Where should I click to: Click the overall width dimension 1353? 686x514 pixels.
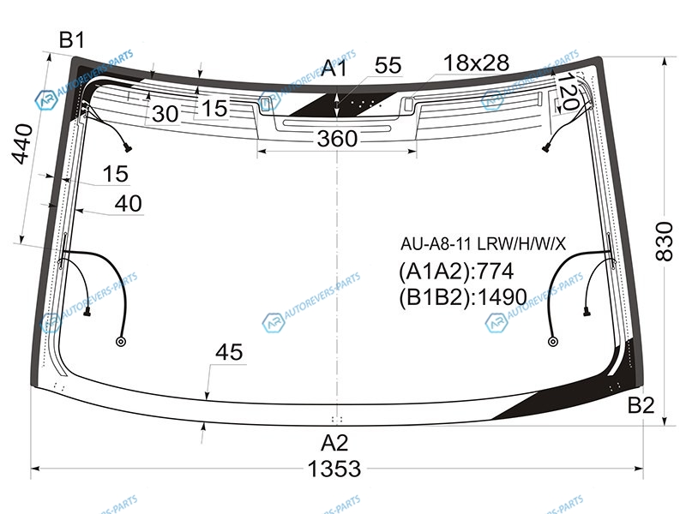click(x=334, y=469)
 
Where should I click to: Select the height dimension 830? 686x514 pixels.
click(x=664, y=242)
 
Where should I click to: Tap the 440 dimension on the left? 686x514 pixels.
click(x=22, y=144)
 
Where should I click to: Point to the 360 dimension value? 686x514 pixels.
click(x=337, y=139)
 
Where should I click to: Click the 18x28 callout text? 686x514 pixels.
click(x=477, y=63)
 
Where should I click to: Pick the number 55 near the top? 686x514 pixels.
click(x=388, y=65)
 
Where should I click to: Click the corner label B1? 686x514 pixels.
click(x=72, y=40)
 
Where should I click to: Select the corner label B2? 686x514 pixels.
click(x=641, y=405)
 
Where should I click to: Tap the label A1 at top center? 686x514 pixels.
click(x=334, y=69)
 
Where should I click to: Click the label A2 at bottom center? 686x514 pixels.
click(x=334, y=443)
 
